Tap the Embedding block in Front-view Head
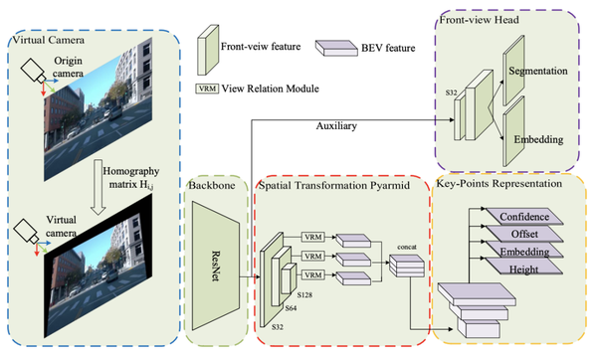click(537, 141)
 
